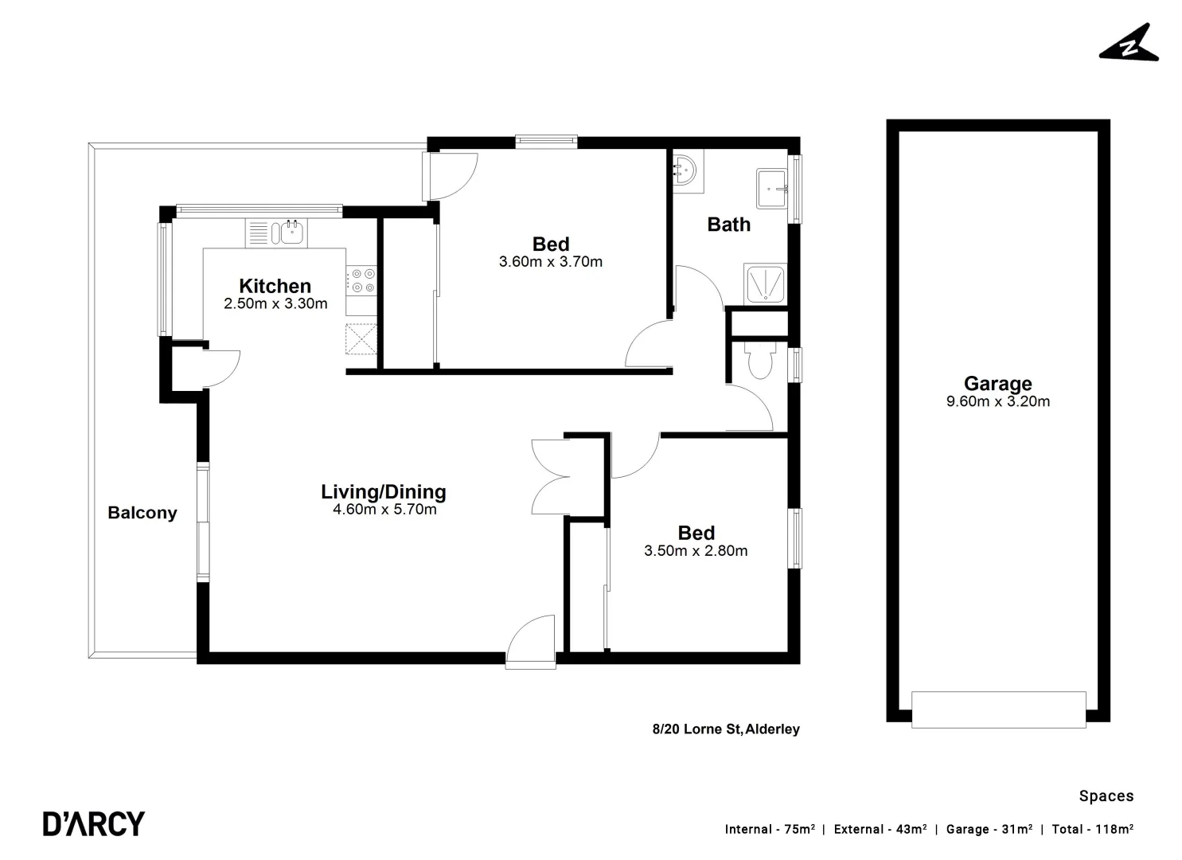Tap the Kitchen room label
point(275,286)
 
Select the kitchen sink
point(288,233)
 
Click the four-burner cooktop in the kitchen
point(361,280)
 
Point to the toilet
point(758,362)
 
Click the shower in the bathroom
point(765,284)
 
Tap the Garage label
point(997,384)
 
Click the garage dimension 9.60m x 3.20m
point(997,402)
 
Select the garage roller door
point(998,709)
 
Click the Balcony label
point(142,513)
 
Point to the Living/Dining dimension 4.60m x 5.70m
point(384,510)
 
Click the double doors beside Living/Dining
point(550,476)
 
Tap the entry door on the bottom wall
point(531,641)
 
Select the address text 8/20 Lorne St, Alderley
point(725,729)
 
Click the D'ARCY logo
point(94,823)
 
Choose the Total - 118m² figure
point(1092,830)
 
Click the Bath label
point(728,225)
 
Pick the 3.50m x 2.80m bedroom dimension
point(696,551)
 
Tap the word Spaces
point(1106,796)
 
